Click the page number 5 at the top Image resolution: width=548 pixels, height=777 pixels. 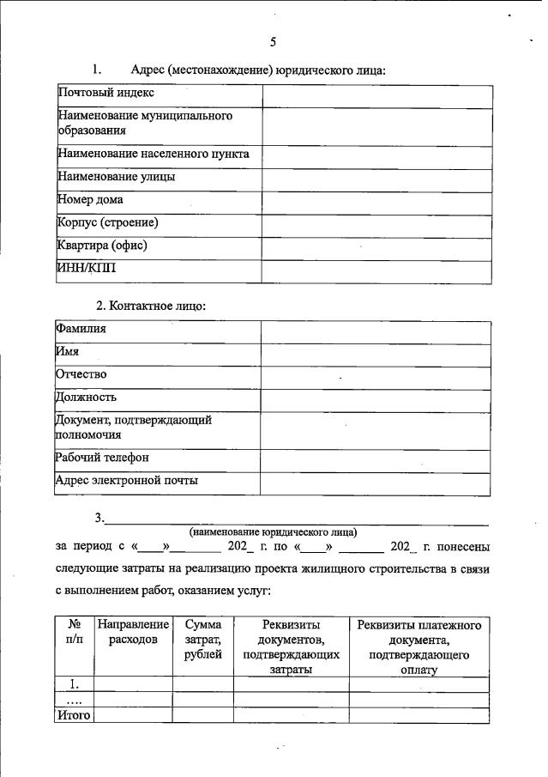tap(273, 41)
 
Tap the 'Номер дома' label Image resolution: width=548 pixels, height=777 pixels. tap(90, 200)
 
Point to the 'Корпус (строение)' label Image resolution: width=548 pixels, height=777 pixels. tap(108, 223)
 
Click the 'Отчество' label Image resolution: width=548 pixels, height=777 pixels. tap(81, 375)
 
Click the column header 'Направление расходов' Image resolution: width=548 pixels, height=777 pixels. tap(133, 633)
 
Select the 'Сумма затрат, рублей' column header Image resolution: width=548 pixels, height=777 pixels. tap(202, 640)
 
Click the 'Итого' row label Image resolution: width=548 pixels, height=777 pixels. tap(73, 714)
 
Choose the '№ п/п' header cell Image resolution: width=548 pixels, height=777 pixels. tap(73, 633)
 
